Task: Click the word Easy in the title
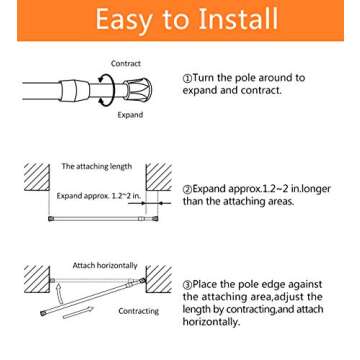pos(121,21)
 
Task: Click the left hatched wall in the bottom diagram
pos(36,281)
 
